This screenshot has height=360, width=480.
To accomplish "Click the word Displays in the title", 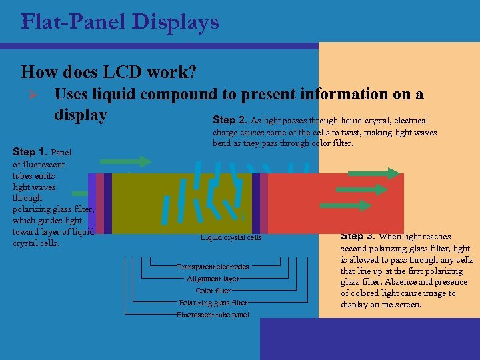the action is [175, 22].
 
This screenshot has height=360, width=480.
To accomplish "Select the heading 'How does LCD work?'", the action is [108, 71].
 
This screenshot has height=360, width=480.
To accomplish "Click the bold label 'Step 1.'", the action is [30, 152].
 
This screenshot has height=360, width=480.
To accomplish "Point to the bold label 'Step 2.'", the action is [230, 120].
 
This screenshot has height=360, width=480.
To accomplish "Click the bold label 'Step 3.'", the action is [359, 236].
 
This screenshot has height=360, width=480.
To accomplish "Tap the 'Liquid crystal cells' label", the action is [231, 237].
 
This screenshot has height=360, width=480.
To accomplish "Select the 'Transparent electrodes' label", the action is [213, 267].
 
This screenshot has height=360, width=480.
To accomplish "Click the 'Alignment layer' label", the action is [213, 279].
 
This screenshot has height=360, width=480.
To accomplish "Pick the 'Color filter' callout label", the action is [213, 291].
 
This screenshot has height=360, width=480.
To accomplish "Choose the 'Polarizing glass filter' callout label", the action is [213, 303].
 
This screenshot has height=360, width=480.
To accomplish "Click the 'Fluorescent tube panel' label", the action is [213, 315].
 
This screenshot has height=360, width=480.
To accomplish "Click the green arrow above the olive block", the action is [126, 161].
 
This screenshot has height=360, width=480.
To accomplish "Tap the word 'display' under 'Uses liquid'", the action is [80, 115].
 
